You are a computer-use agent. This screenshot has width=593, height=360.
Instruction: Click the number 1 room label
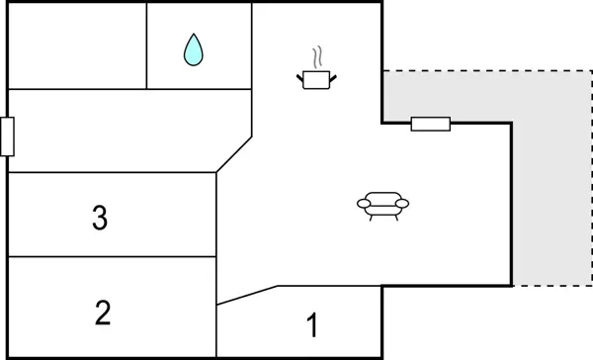[x=312, y=324]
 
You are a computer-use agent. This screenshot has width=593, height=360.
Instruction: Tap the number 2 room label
[x=102, y=314]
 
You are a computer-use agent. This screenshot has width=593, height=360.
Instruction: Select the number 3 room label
[x=99, y=218]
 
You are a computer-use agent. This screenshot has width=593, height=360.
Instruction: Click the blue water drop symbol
[x=194, y=49]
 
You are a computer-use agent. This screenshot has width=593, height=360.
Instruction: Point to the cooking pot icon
[x=317, y=79]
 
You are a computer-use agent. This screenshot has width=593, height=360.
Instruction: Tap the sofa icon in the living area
[x=381, y=206]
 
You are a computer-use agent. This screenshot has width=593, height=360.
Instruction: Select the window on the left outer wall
[x=7, y=135]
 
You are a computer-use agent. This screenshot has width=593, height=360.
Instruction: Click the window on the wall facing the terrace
[x=430, y=124]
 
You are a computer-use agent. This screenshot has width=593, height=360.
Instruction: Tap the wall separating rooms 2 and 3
[x=111, y=257]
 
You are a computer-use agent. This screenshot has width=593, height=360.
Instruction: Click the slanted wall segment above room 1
[x=247, y=295]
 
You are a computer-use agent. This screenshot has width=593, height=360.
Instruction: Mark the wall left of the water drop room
[x=147, y=45]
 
